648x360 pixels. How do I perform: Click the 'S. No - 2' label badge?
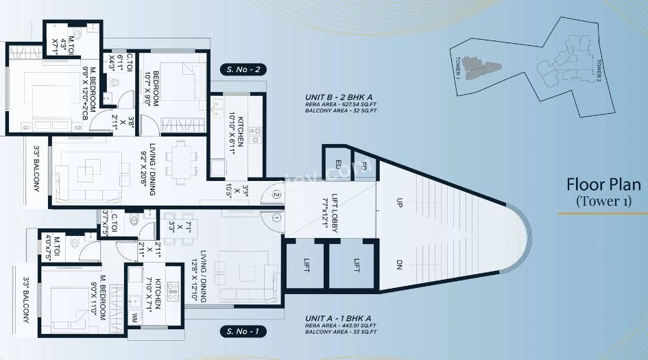pos(242,69)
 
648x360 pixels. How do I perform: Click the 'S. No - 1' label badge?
pos(242,332)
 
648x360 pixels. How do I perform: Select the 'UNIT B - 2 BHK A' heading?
pos(340,98)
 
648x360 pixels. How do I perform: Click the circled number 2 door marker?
pos(276,194)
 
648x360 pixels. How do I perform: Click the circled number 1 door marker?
pos(276,219)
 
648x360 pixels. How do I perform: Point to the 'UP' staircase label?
pos(399,203)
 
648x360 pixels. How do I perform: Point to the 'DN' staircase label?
pos(399,264)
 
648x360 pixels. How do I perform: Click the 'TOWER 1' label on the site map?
pos(456,69)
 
